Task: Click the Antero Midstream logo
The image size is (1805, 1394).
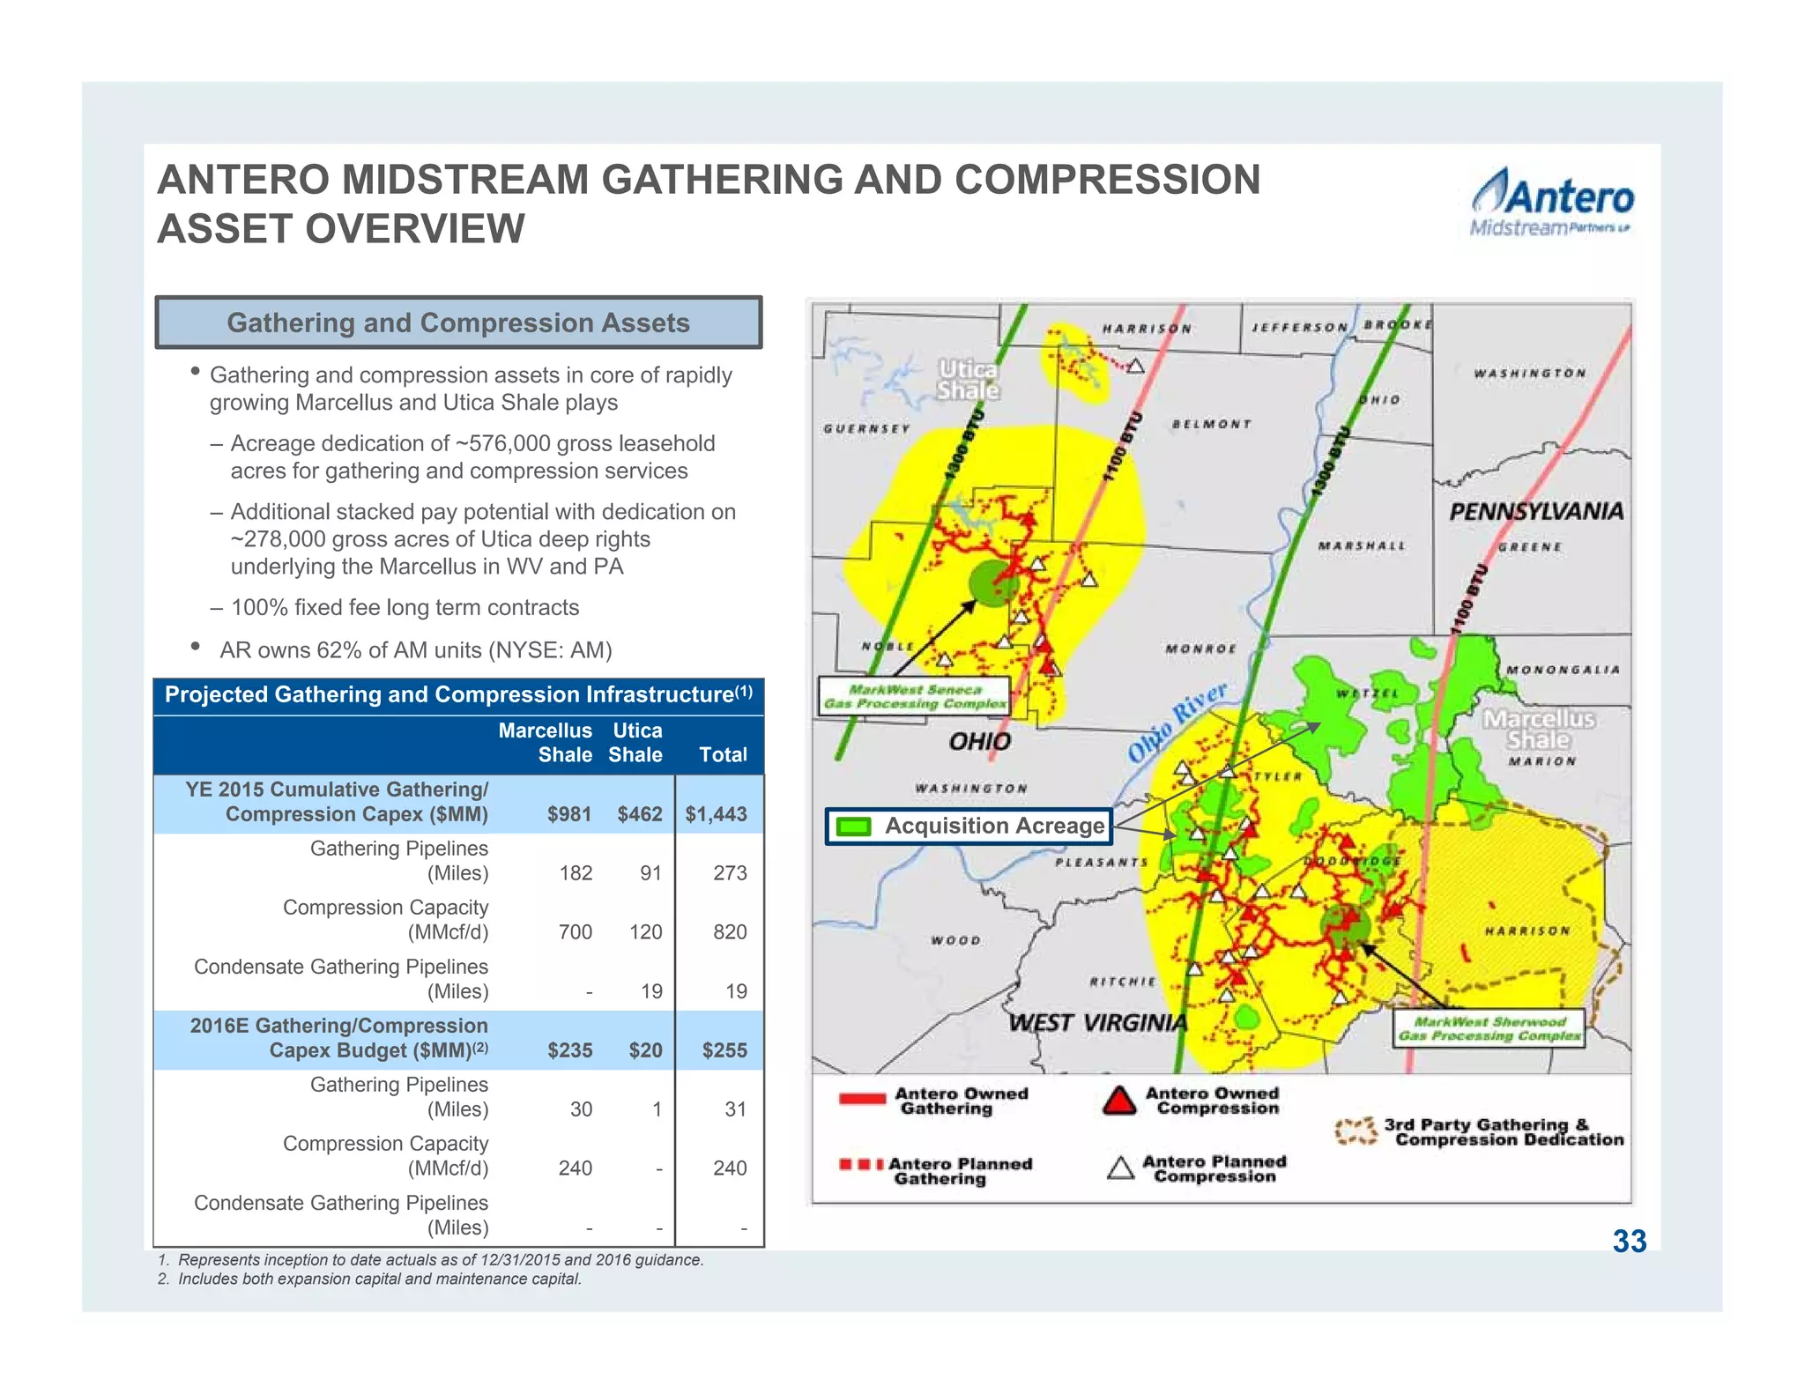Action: [x=1551, y=204]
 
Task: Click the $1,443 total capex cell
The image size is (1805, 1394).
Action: [x=716, y=814]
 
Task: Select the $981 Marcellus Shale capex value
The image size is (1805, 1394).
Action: [x=569, y=814]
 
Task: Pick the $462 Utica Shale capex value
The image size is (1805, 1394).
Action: [x=640, y=814]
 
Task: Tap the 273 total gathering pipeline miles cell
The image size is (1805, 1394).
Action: [x=730, y=873]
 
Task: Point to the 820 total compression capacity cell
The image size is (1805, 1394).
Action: [x=730, y=932]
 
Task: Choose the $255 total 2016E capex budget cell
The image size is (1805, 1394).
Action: [x=724, y=1050]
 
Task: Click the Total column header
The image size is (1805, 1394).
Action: [x=723, y=754]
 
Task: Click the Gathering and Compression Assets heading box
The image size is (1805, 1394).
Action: [x=458, y=323]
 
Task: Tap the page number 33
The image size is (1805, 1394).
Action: [x=1630, y=1242]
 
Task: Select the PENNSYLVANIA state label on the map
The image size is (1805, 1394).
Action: [x=1536, y=511]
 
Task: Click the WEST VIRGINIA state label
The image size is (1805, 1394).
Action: [x=1097, y=1023]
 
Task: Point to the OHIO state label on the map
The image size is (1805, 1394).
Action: [x=979, y=741]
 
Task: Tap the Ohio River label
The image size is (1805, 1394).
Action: [x=1177, y=722]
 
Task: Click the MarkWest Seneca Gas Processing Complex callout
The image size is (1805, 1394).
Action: [x=915, y=697]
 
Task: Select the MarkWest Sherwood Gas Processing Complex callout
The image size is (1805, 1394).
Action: [x=1489, y=1028]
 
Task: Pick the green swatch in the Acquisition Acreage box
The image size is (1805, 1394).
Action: [x=853, y=827]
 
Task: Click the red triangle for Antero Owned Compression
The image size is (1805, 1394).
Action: [x=1119, y=1101]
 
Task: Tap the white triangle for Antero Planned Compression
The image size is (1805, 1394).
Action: [x=1120, y=1168]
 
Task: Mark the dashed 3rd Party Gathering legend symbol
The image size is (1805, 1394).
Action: [x=1356, y=1131]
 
